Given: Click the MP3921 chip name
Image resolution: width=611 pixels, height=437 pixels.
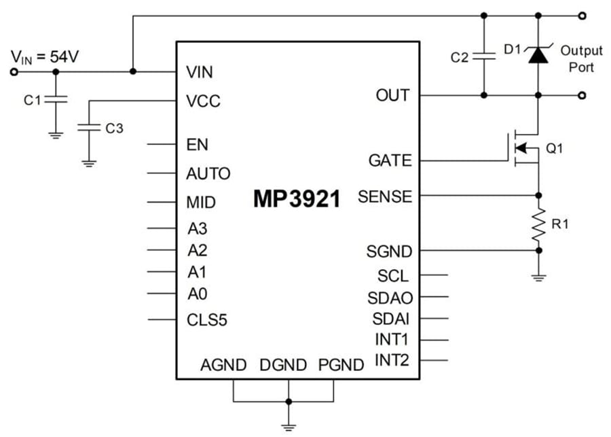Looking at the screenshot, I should [297, 198].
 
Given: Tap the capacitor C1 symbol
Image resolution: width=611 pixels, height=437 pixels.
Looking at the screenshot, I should [56, 99].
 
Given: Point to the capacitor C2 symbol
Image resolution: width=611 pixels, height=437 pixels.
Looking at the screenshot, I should [483, 56].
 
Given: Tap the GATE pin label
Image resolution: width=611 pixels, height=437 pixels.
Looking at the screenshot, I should [390, 161].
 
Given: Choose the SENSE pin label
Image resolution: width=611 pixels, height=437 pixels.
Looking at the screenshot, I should [384, 197].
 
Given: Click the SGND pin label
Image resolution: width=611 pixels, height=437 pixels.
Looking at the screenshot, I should [389, 251].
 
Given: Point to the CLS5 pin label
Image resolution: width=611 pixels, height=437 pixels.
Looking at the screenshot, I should [206, 319].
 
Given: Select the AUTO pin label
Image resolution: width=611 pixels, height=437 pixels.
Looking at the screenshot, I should [208, 173].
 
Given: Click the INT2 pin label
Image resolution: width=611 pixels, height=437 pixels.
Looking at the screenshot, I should [392, 360].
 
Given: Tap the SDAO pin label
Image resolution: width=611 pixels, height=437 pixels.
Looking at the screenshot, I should [389, 297].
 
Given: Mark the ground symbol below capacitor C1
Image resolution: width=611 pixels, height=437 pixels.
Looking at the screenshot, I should [56, 135].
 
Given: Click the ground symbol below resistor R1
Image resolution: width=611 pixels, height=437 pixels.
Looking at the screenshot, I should [538, 277].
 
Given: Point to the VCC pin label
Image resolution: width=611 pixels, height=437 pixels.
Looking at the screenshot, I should [203, 101].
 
